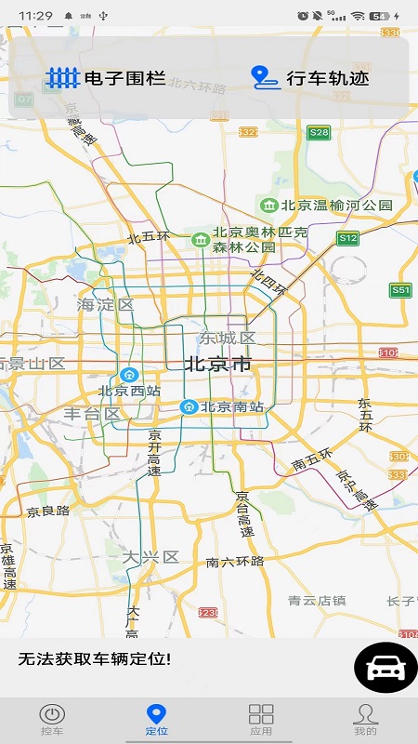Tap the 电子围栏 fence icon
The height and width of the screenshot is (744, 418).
coord(63,78)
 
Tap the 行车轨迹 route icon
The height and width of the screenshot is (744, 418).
coord(266,78)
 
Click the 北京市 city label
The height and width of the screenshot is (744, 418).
coord(218,364)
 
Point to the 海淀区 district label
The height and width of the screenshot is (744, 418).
coord(106,304)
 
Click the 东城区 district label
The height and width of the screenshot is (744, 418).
coord(227,338)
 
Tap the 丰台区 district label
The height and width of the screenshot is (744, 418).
coord(92,414)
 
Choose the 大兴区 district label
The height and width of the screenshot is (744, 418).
coord(150,556)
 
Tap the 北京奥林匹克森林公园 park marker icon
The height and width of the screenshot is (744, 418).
coord(200,240)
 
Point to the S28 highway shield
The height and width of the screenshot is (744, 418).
coord(320,132)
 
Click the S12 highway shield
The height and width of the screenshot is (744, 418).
coord(347,238)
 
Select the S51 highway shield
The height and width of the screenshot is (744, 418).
coord(400,290)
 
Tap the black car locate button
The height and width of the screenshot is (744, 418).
coord(385,668)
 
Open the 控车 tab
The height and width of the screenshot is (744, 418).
coord(52,718)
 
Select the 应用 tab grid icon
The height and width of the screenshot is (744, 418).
coord(261,714)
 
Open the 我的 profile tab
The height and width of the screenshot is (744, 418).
coord(365,718)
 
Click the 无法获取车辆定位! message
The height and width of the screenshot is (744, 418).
coord(95,659)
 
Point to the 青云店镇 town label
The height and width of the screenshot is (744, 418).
coord(317,600)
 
